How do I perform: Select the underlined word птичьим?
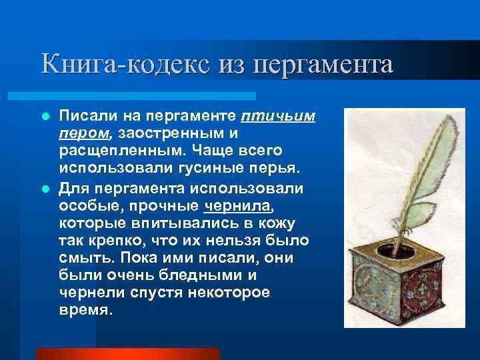[278, 117]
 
